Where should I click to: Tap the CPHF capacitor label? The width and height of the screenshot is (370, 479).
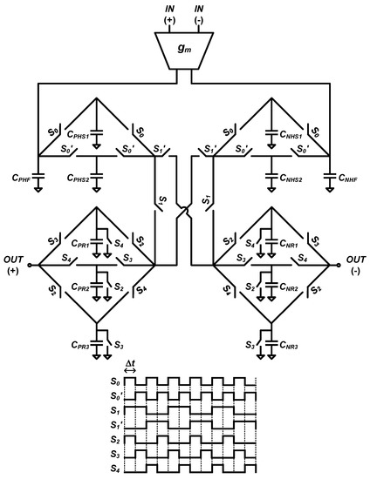coord(24,178)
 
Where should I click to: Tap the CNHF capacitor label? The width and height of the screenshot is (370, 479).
coord(346,178)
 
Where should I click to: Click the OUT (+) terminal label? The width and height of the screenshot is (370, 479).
coord(14,265)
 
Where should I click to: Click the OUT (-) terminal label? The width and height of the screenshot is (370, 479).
coord(356,265)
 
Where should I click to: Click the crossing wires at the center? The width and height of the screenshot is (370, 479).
coord(185,210)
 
